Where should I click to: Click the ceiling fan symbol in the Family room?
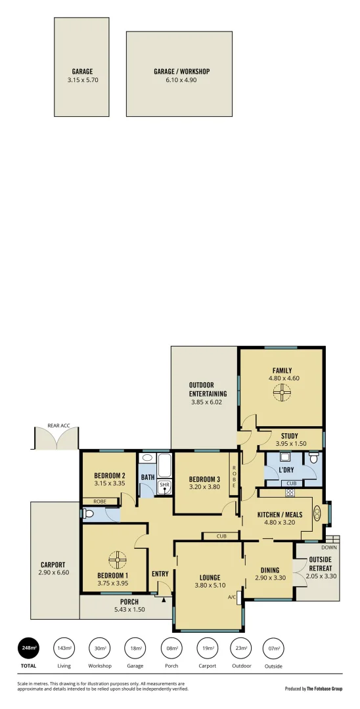[x=281, y=393]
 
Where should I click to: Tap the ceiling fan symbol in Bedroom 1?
[x=116, y=559]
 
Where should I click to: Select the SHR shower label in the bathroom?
[x=164, y=485]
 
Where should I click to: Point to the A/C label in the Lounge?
[x=232, y=597]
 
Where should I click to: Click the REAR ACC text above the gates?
[x=58, y=426]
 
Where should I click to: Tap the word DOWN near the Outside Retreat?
[x=330, y=547]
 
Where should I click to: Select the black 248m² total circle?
[x=28, y=648]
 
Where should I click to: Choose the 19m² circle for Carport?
[x=207, y=648]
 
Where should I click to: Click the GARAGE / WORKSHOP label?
[x=181, y=72]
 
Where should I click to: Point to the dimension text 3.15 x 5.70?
[x=82, y=80]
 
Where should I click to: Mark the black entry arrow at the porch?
[x=164, y=598]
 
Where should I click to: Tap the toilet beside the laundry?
[x=313, y=458]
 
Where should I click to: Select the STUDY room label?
[x=290, y=435]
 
